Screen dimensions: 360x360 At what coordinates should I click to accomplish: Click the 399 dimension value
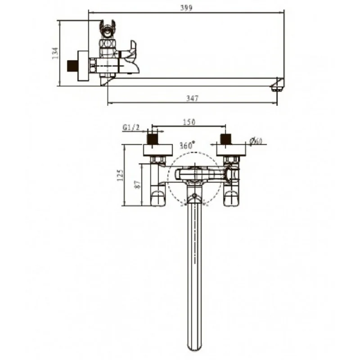pyautogui.click(x=186, y=8)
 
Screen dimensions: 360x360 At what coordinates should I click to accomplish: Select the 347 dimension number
pyautogui.click(x=192, y=98)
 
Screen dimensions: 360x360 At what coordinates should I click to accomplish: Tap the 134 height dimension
pyautogui.click(x=55, y=53)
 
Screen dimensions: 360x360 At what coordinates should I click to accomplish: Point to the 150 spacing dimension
pyautogui.click(x=189, y=121)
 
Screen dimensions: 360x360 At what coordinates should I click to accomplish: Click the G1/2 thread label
pyautogui.click(x=131, y=127)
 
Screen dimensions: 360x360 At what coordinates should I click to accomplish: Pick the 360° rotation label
pyautogui.click(x=187, y=145)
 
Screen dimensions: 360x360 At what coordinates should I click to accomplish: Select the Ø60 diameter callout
pyautogui.click(x=256, y=141)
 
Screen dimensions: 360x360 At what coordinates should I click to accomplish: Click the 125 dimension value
pyautogui.click(x=120, y=175)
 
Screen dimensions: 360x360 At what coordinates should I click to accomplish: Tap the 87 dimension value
pyautogui.click(x=137, y=184)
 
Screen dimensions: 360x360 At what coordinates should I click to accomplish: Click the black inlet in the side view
pyautogui.click(x=72, y=66)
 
